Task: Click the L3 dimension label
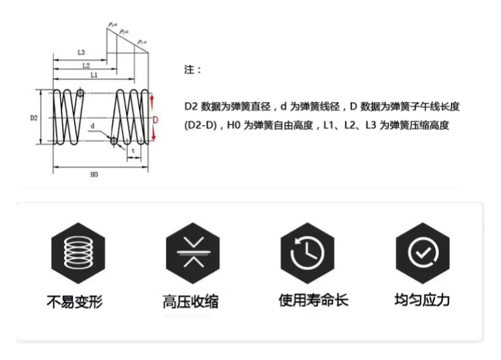pyautogui.click(x=81, y=52)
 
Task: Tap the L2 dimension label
pyautogui.click(x=86, y=65)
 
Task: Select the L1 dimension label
pyautogui.click(x=94, y=75)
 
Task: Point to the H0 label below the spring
pyautogui.click(x=94, y=174)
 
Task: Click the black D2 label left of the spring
pyautogui.click(x=34, y=118)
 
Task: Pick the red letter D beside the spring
pyautogui.click(x=155, y=120)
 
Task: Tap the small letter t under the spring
pyautogui.click(x=133, y=150)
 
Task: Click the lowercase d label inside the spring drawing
pyautogui.click(x=92, y=125)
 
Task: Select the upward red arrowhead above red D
pyautogui.click(x=152, y=97)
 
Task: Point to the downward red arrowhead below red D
pyautogui.click(x=153, y=137)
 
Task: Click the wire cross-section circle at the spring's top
pyautogui.click(x=80, y=93)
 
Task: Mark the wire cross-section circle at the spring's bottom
pyautogui.click(x=114, y=141)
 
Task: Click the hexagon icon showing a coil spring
pyautogui.click(x=79, y=254)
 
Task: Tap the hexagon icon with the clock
pyautogui.click(x=307, y=254)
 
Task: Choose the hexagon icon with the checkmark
pyautogui.click(x=422, y=254)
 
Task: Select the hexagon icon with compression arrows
pyautogui.click(x=193, y=254)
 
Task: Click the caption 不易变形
pyautogui.click(x=75, y=302)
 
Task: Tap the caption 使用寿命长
pyautogui.click(x=314, y=300)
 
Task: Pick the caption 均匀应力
pyautogui.click(x=422, y=300)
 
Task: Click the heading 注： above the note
pyautogui.click(x=193, y=70)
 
